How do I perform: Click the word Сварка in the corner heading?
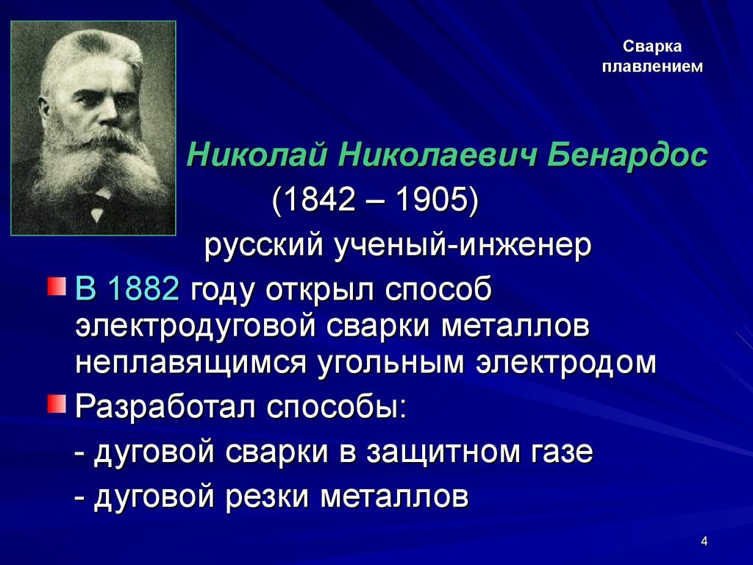[652, 46]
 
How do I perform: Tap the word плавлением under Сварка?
[652, 66]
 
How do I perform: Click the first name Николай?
[257, 154]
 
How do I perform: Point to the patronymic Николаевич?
[438, 154]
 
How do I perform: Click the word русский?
[263, 246]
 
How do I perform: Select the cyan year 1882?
[143, 289]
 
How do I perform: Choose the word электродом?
[566, 363]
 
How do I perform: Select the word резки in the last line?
[267, 497]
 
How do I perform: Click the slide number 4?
[704, 541]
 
